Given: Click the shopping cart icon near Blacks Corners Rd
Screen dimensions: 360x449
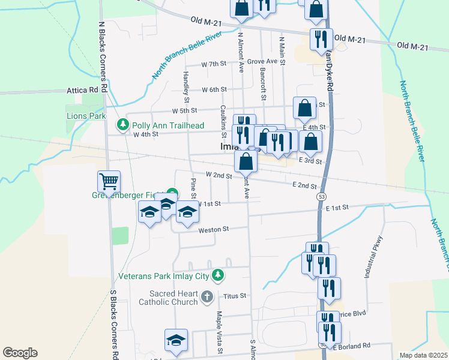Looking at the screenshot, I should click(x=109, y=181).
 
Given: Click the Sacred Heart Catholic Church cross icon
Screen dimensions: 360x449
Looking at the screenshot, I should click(x=206, y=296).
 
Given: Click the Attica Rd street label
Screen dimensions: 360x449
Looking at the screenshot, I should click(x=82, y=91).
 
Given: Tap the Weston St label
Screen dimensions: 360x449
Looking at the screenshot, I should click(x=214, y=229).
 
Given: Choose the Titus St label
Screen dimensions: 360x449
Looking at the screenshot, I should click(x=235, y=295).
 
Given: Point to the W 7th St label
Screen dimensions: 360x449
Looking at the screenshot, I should click(x=214, y=64).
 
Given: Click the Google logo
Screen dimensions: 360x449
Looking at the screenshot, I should click(x=20, y=353).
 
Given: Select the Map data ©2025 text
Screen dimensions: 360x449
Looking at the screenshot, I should click(x=424, y=355).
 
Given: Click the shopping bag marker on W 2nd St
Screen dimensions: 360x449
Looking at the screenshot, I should click(x=246, y=161).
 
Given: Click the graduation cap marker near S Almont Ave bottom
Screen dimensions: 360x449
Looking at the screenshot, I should click(x=176, y=340).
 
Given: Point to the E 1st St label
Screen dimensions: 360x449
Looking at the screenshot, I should click(x=337, y=207).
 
